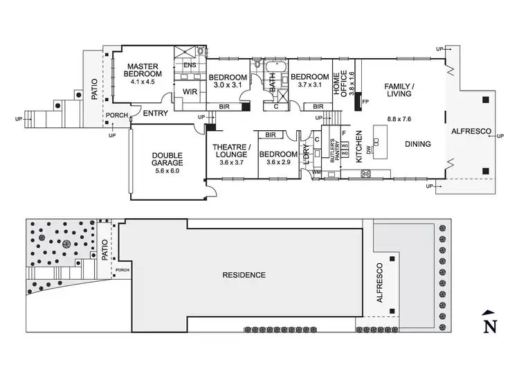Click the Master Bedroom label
coord(143,70)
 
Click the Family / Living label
coord(399,90)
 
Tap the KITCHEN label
coord(358,146)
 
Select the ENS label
coord(190,66)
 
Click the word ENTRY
coord(156,112)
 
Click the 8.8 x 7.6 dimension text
coord(399,119)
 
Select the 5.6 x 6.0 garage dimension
coord(157,171)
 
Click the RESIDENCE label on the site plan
coord(244,275)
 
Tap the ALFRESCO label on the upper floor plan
coord(471,131)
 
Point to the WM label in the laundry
coord(317,172)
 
